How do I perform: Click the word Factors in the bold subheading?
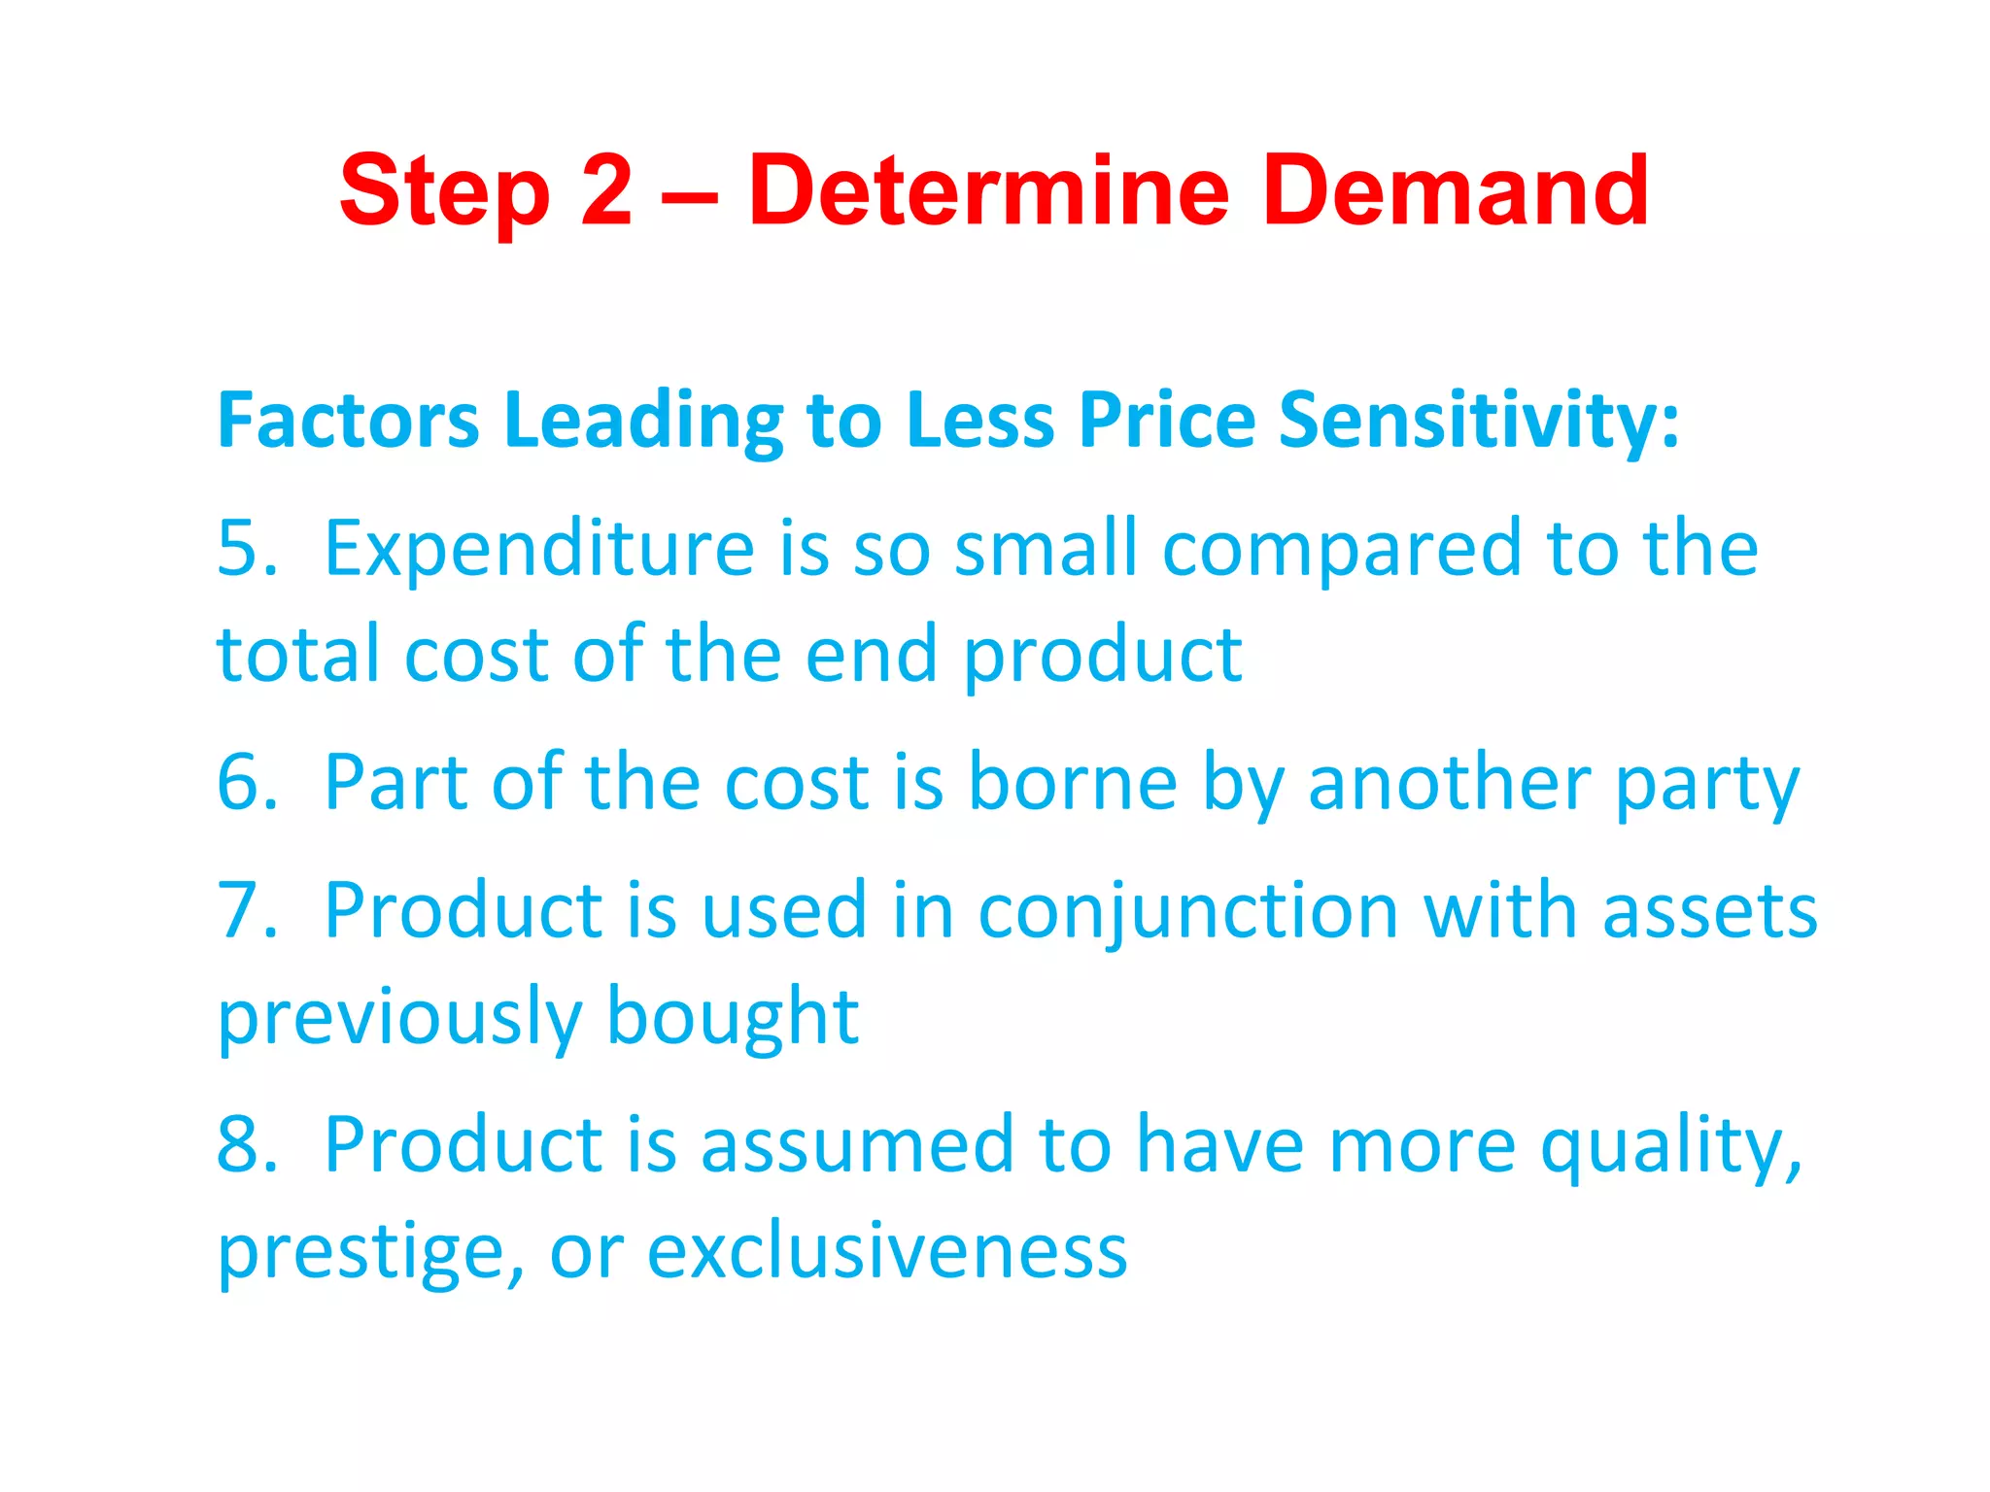[348, 420]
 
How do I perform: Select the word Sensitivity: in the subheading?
[1478, 420]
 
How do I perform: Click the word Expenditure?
[539, 549]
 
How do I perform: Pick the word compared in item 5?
[1342, 549]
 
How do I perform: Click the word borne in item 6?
[1073, 782]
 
